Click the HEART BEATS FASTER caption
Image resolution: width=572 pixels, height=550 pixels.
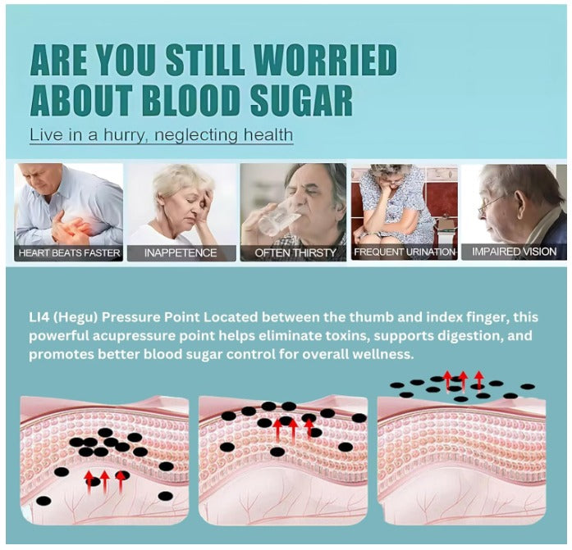coord(69,253)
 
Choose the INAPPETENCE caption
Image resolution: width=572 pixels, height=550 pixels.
coord(181,253)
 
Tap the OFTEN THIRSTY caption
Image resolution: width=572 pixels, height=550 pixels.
coord(295,253)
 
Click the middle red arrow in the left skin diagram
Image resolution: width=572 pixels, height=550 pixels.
coord(104,481)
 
